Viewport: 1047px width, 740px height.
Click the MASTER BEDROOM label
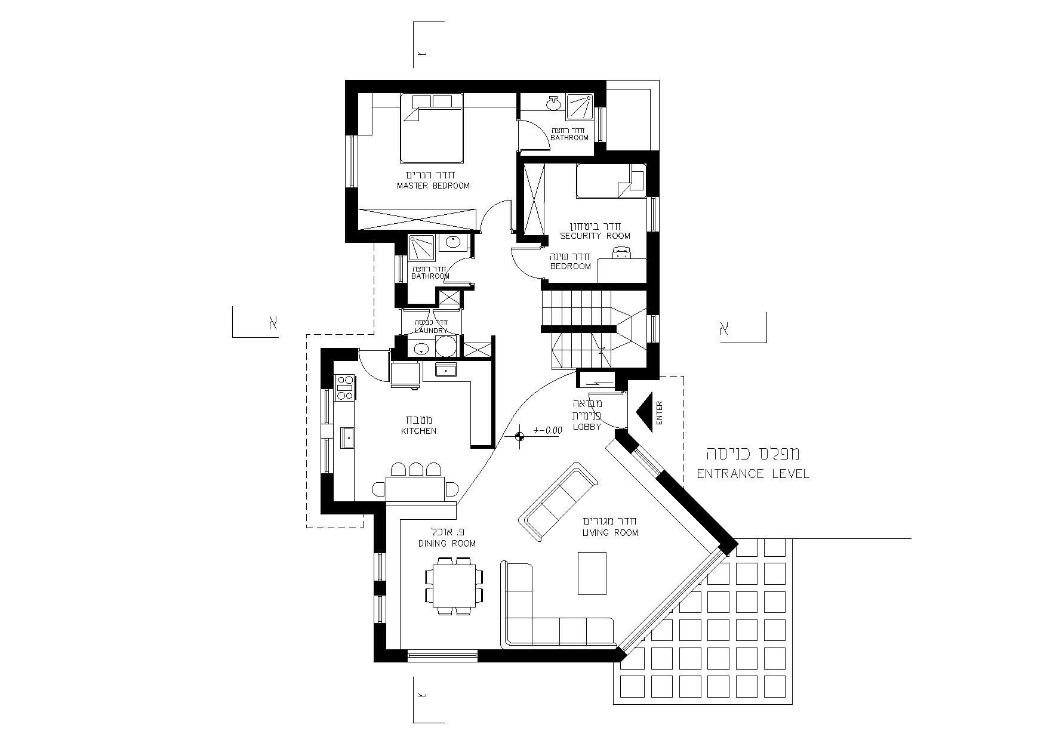433,186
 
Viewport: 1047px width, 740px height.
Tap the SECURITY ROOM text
595,236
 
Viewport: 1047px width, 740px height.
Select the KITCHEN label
418,431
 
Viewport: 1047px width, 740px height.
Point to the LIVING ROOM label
610,532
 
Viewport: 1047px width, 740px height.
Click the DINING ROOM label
447,543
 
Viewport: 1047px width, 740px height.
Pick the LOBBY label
587,427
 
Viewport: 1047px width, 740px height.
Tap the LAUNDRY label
431,331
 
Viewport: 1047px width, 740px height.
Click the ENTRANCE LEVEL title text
753,474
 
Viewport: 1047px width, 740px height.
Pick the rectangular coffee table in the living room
592,573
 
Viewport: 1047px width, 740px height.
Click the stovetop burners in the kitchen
345,387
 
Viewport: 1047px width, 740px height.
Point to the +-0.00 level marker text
548,430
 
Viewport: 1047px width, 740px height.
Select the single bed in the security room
611,181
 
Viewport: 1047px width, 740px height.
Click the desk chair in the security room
622,254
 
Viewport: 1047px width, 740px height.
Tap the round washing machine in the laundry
445,346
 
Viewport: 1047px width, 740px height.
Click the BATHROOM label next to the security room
569,137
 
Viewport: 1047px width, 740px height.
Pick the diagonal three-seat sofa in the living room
558,501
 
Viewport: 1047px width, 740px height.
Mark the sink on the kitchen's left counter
347,437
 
